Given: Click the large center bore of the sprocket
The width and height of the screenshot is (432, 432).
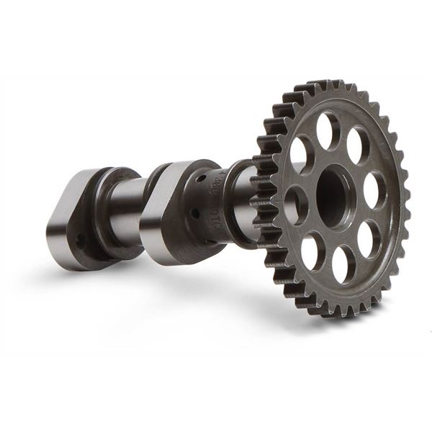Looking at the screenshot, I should tap(336, 196).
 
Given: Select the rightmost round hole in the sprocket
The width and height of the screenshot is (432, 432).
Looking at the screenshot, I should tap(374, 190).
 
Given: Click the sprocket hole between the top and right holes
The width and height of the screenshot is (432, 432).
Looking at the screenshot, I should tap(358, 145).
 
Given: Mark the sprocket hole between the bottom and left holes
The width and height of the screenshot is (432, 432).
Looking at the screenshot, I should tap(312, 251).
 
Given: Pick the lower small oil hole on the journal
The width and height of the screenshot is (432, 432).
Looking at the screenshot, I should tap(194, 212).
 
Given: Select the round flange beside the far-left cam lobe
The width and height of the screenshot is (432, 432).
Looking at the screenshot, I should tap(109, 209).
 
